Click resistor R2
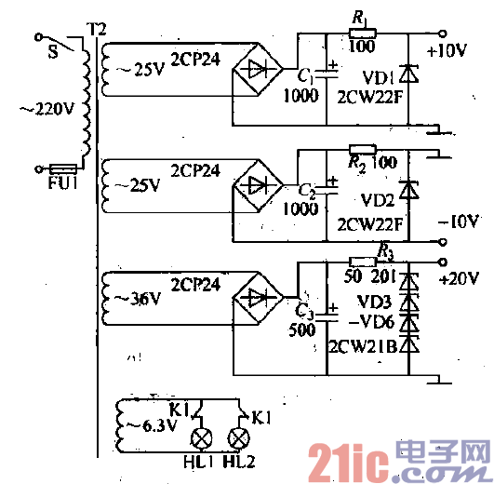(361, 149)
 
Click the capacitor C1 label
(304, 75)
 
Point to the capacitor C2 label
(305, 191)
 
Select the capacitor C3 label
(303, 311)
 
